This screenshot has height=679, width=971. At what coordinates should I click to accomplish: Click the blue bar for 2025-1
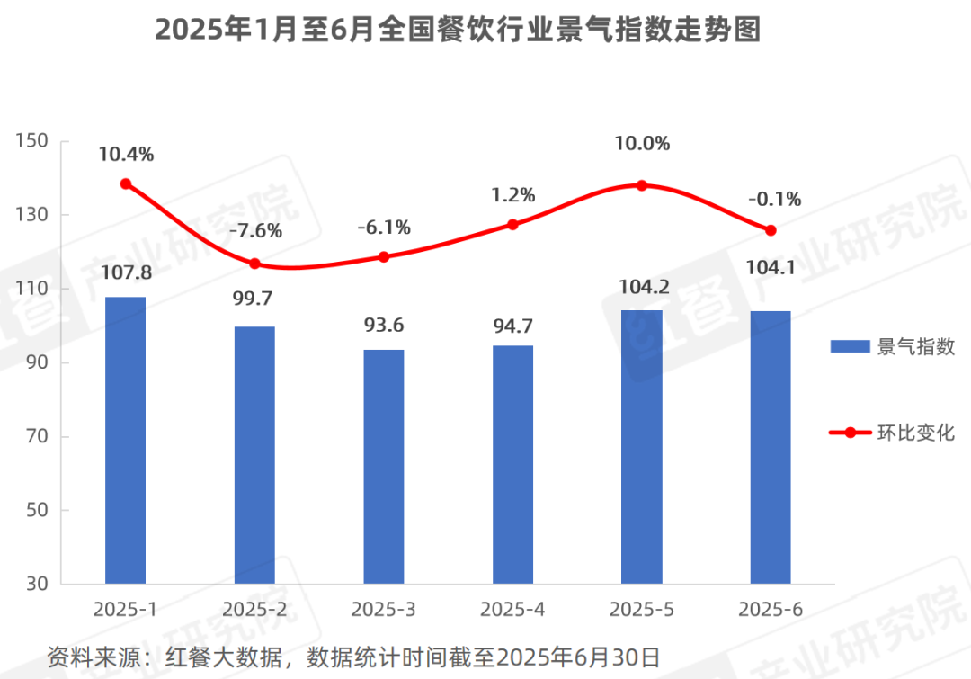pos(125,441)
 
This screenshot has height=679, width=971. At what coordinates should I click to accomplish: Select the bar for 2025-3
pos(384,467)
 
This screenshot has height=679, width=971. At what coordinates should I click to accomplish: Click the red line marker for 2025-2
pos(254,264)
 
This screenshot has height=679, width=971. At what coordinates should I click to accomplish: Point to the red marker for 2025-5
pos(642,185)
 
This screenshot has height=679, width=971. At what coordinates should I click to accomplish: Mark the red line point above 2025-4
pos(512,224)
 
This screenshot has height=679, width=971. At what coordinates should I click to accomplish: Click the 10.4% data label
pos(126,154)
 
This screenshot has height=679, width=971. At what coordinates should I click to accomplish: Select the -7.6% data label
pos(255,230)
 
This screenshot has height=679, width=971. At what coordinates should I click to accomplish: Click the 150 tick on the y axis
pos(31,141)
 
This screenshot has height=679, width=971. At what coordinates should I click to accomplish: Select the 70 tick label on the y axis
pos(36,437)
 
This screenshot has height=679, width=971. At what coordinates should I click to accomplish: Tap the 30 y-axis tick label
pos(36,585)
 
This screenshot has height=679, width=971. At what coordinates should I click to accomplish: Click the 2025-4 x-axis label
pos(512,610)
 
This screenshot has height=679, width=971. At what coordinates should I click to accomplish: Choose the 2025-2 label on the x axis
pos(254,610)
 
